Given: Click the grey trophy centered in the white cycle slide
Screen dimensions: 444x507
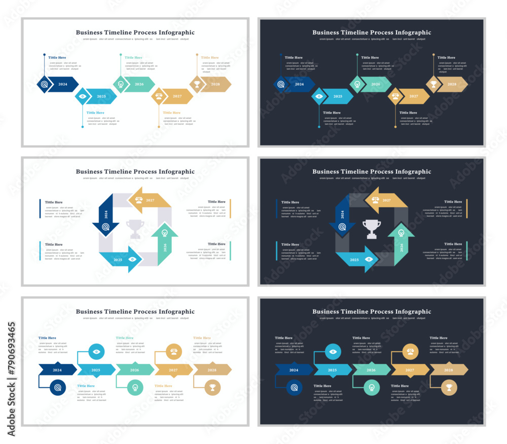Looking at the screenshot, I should (x=135, y=229).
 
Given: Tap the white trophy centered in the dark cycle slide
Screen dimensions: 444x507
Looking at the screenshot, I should (x=372, y=228).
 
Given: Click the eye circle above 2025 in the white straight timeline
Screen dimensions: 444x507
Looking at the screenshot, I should (x=97, y=351).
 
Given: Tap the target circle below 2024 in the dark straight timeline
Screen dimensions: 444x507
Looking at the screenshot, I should (x=295, y=388).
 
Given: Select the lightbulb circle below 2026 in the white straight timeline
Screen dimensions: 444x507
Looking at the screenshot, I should (x=135, y=388).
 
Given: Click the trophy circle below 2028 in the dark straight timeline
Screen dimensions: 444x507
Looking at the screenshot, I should (x=449, y=388).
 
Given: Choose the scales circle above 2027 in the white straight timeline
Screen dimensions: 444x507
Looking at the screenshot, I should (x=173, y=351).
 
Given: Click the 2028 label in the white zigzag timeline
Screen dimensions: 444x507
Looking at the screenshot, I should (x=215, y=84).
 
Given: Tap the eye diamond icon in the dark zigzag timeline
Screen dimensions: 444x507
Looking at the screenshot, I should (x=319, y=96).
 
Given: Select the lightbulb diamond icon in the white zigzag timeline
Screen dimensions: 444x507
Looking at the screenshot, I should (x=121, y=84).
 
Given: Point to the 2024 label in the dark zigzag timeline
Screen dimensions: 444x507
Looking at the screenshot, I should (x=300, y=84).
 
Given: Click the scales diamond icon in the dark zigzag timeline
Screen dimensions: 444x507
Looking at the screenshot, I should (x=395, y=96).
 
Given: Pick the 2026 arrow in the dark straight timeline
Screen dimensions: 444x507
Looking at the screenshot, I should (x=371, y=370).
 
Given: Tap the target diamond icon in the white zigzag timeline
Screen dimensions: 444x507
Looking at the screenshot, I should (x=45, y=84).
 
